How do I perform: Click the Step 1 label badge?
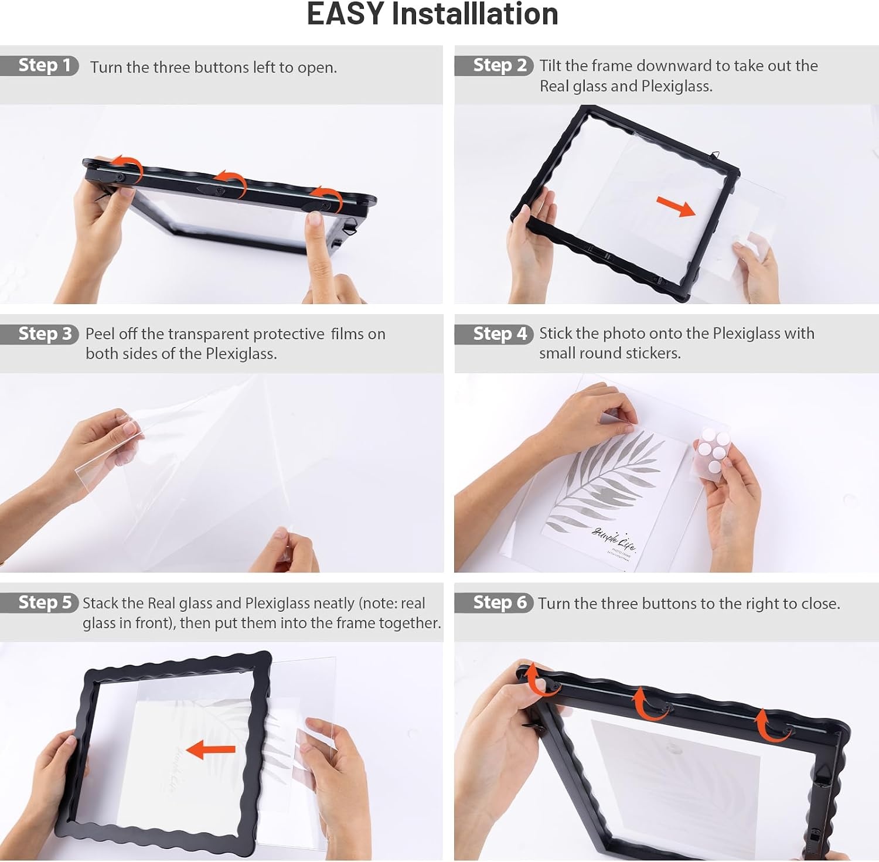click(x=39, y=65)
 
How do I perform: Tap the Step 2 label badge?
click(x=494, y=65)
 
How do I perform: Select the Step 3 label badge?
click(x=39, y=333)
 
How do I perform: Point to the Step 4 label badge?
click(x=494, y=333)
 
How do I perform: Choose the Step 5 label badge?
click(x=39, y=602)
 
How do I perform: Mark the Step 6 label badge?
click(x=494, y=602)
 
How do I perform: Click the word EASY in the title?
click(x=345, y=14)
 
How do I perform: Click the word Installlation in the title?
click(x=475, y=14)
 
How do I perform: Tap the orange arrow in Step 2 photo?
click(x=676, y=206)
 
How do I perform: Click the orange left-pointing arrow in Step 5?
click(x=210, y=749)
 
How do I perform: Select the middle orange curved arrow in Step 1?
click(x=231, y=182)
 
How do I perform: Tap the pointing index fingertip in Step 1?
click(x=315, y=221)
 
